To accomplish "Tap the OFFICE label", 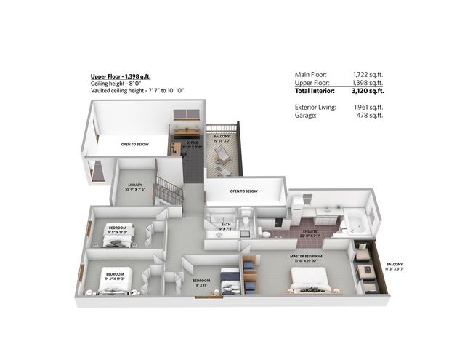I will [192, 143].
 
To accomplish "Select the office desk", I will [177, 144].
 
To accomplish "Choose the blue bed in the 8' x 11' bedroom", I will [229, 280].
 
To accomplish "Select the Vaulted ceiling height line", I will [137, 91].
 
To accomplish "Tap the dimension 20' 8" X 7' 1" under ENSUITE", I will [310, 237].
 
